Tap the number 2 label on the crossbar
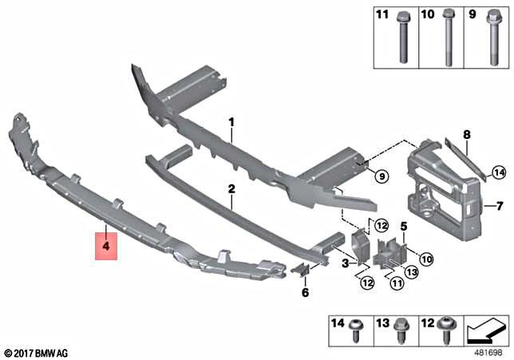pos(231,190)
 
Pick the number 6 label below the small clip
pos(304,293)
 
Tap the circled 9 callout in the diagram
pos(381,175)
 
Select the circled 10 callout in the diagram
pos(426,258)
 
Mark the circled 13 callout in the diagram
pos(412,273)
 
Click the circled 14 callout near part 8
pos(499,172)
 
